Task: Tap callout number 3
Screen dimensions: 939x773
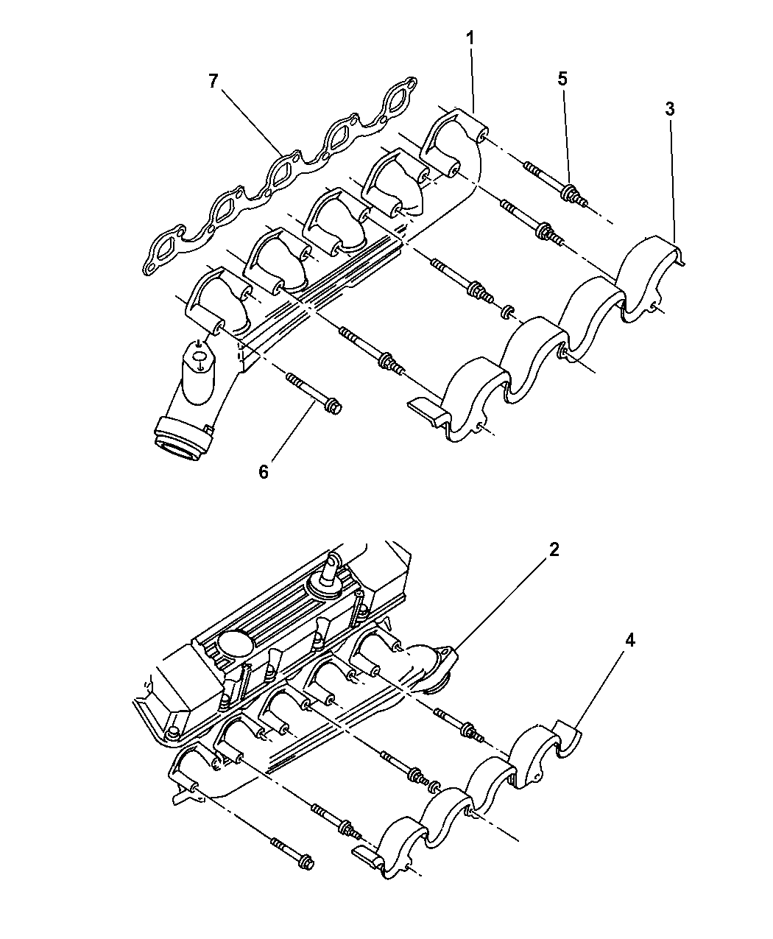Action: [x=669, y=110]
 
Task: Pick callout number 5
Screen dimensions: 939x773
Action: [x=562, y=80]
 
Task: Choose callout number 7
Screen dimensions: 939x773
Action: [x=213, y=81]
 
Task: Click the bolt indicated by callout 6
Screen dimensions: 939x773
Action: [x=311, y=391]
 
